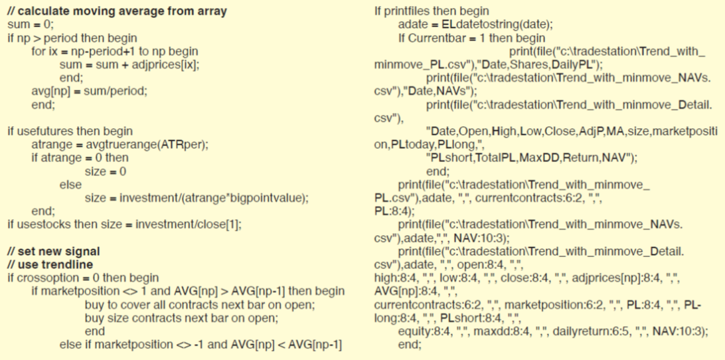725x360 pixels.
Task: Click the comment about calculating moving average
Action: pos(118,11)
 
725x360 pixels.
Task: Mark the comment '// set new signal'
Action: pos(54,252)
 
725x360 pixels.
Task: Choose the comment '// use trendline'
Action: pos(50,265)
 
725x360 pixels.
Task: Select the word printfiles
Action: pos(410,11)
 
